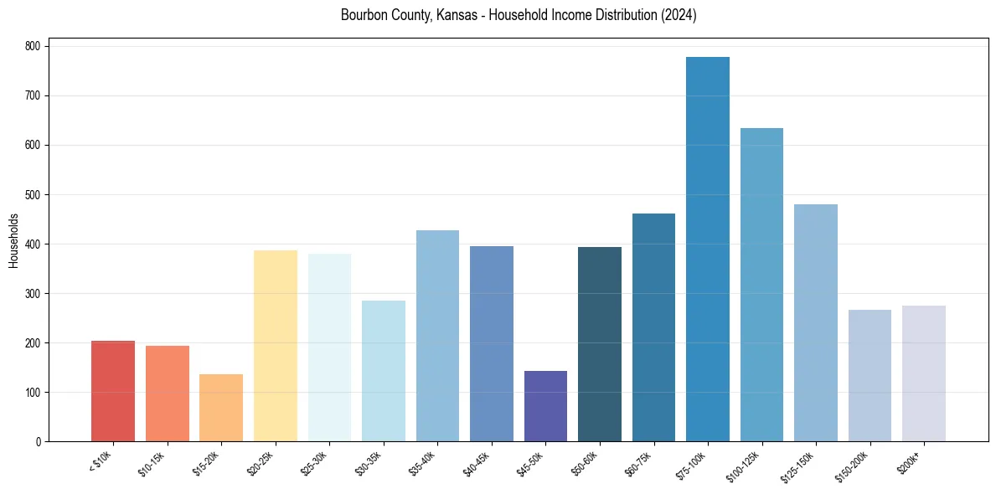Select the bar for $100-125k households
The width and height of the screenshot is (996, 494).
761,285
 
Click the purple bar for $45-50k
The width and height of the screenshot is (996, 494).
545,406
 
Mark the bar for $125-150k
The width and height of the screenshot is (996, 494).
815,322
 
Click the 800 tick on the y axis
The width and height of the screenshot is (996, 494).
34,47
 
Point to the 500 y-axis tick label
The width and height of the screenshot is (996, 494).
34,195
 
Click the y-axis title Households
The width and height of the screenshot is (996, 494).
13,240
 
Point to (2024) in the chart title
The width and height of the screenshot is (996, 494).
678,15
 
